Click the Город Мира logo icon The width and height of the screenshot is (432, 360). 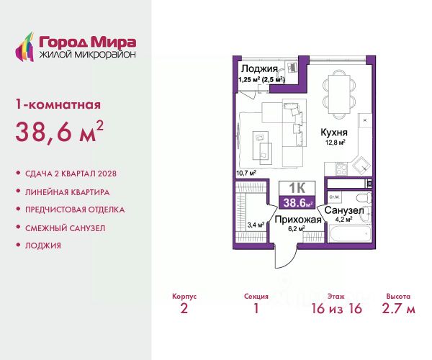point(24,47)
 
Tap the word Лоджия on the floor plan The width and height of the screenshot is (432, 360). point(259,68)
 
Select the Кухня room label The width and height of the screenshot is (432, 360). point(334,132)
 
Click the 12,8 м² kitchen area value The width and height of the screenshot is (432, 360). point(336,143)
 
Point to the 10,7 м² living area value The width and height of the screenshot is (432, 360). point(246,173)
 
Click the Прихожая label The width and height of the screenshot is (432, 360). point(298,220)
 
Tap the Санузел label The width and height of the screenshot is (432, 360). point(344,210)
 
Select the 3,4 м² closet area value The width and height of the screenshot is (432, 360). point(256,225)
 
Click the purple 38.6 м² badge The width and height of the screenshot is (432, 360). point(297,203)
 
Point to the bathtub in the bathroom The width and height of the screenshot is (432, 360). point(350,233)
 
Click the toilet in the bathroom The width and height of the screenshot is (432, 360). point(364,198)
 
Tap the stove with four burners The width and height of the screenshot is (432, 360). point(341,168)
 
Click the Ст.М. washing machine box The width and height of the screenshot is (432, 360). point(334,197)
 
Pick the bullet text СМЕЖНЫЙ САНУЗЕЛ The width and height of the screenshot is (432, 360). point(66,228)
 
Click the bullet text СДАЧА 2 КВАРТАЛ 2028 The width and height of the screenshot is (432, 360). point(71,174)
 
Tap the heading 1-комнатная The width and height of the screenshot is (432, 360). point(58,104)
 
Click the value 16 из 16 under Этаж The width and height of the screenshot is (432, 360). point(337,308)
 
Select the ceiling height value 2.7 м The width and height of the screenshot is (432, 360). point(398,308)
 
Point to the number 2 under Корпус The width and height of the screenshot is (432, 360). point(184,308)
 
